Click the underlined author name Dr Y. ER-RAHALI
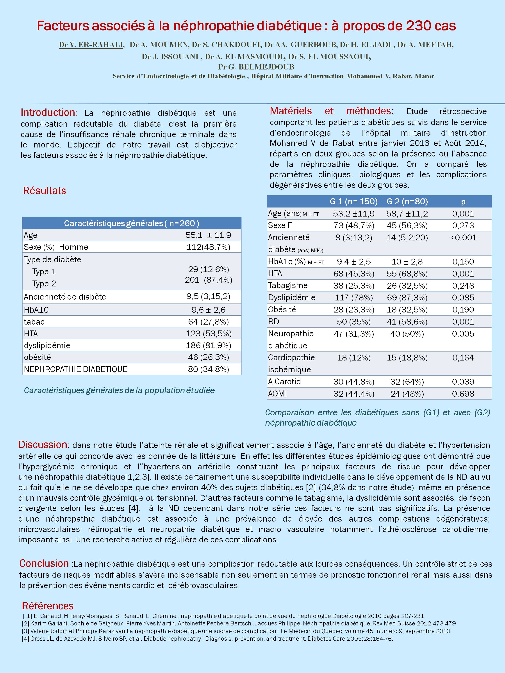[91, 45]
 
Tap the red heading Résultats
[45, 191]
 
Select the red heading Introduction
[48, 113]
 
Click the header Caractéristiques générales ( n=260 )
[132, 223]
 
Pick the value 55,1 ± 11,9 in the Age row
[208, 235]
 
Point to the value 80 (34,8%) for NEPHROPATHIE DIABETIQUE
[208, 369]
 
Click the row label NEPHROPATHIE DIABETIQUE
[75, 369]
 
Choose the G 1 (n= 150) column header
[354, 201]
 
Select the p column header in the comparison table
[463, 201]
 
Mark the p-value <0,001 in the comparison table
[463, 238]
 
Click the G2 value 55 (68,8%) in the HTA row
[407, 273]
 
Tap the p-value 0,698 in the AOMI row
[463, 394]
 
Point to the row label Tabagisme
[288, 285]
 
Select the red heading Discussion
[43, 444]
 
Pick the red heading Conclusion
[44, 563]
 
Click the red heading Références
[48, 606]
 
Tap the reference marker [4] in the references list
[26, 639]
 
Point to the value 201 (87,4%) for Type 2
[208, 280]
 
